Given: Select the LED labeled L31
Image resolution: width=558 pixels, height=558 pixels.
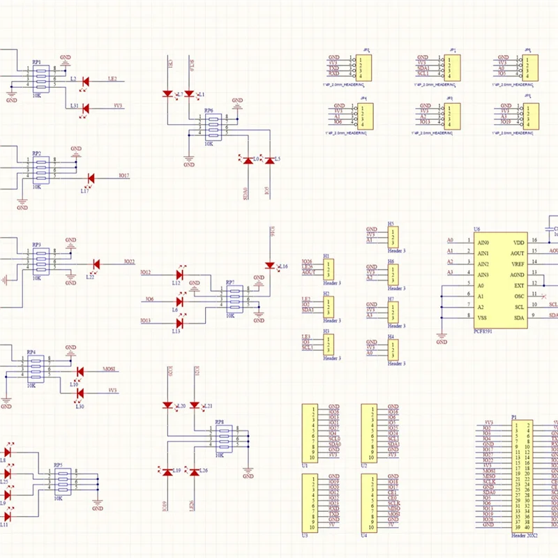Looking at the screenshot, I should pyautogui.click(x=86, y=108).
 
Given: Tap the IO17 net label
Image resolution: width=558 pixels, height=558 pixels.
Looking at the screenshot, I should pyautogui.click(x=124, y=176).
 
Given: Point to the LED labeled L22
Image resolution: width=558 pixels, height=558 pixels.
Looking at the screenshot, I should pyautogui.click(x=96, y=264).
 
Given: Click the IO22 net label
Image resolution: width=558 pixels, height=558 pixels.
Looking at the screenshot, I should pyautogui.click(x=129, y=262).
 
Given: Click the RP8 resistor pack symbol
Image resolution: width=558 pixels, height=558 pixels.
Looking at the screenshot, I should pyautogui.click(x=223, y=437).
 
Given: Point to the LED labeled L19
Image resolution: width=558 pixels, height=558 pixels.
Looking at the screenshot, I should pyautogui.click(x=167, y=472).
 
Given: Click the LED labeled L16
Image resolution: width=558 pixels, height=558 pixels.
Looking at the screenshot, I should pyautogui.click(x=270, y=265).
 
